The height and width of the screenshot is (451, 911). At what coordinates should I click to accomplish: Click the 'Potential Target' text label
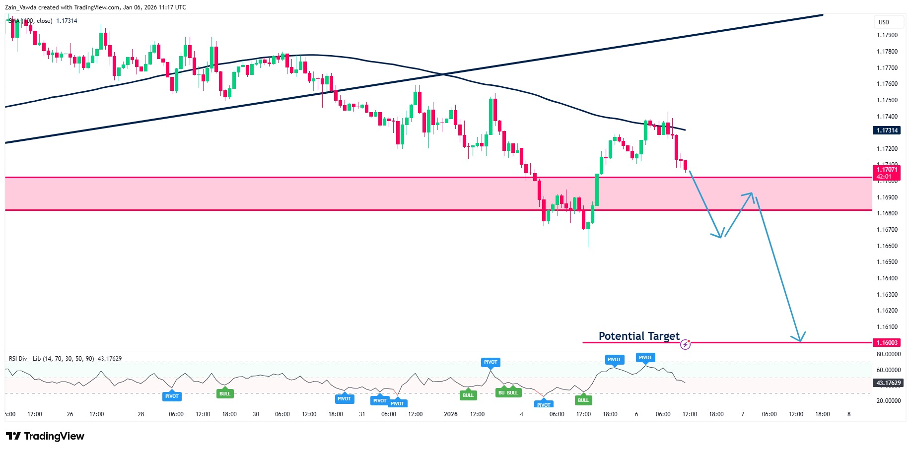tap(639, 336)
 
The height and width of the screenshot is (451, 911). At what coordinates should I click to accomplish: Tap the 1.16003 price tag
tap(887, 343)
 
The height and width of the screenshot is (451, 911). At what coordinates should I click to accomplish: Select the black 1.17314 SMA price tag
tap(887, 130)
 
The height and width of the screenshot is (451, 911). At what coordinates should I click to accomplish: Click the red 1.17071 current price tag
tap(887, 173)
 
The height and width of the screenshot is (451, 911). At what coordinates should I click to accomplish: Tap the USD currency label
tap(884, 22)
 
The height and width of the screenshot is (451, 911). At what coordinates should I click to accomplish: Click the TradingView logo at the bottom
tap(45, 436)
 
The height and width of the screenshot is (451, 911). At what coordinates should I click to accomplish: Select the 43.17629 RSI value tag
tap(888, 383)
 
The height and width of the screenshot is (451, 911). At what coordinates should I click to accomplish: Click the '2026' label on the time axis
tap(451, 414)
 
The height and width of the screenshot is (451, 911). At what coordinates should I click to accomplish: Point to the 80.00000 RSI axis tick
tap(889, 354)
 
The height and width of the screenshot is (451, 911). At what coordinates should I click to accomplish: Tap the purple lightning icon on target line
tap(685, 344)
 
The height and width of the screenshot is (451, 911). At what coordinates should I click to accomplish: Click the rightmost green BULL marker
tap(583, 400)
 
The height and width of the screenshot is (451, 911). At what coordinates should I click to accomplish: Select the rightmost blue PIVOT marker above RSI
tap(645, 358)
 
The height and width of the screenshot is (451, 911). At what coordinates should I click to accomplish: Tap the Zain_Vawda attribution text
tap(95, 7)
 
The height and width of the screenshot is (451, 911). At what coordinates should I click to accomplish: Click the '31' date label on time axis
tap(362, 414)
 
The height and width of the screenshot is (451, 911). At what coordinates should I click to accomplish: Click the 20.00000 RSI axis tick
tap(889, 401)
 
